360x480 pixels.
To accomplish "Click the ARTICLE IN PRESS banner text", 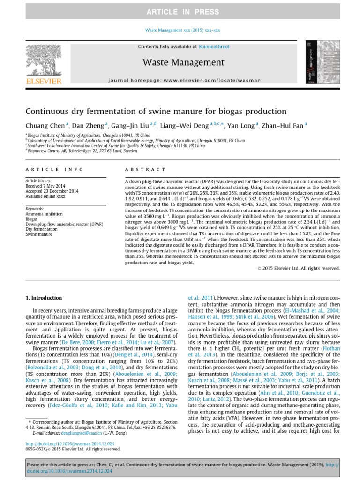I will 180,11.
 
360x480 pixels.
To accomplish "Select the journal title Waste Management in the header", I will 180,62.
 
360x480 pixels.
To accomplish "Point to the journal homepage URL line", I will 180,80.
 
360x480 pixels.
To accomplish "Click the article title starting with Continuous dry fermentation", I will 156,112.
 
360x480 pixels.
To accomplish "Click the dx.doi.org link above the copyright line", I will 59,444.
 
